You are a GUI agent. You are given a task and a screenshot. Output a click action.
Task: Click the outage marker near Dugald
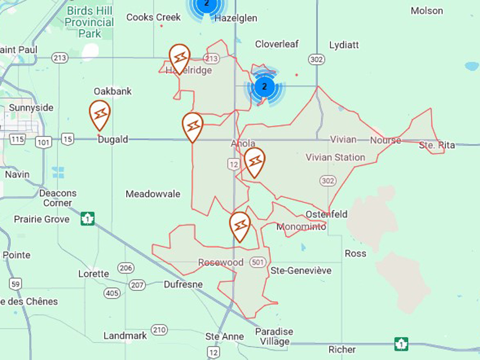click(100, 114)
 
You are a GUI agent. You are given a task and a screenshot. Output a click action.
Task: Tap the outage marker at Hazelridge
click(179, 58)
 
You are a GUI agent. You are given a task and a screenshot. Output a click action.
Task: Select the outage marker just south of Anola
click(255, 161)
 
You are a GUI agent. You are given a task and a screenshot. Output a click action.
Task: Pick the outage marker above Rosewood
click(240, 225)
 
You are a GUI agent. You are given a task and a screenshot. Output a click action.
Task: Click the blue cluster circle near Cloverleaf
click(265, 87)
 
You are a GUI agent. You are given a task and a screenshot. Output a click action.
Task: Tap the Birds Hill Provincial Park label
click(89, 22)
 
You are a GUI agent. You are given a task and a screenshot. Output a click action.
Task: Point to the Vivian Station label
click(336, 158)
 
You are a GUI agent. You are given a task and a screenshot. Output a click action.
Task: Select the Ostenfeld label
click(327, 215)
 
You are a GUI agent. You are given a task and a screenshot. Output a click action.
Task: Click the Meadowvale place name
click(153, 194)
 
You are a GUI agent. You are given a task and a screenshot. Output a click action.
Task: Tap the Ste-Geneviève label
click(301, 270)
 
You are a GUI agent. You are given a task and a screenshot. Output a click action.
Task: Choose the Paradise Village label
click(274, 336)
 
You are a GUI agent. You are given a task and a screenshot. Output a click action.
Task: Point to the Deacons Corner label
click(58, 198)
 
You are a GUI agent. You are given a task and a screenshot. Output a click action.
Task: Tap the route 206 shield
click(126, 268)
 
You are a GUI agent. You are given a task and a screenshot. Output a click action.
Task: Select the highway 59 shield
click(15, 284)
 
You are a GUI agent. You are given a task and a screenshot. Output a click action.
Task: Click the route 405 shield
click(112, 293)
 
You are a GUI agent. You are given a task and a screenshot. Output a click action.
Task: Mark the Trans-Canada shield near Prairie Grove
click(88, 218)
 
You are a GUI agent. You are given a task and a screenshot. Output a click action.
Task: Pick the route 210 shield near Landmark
click(159, 330)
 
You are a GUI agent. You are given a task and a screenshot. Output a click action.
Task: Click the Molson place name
click(427, 11)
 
